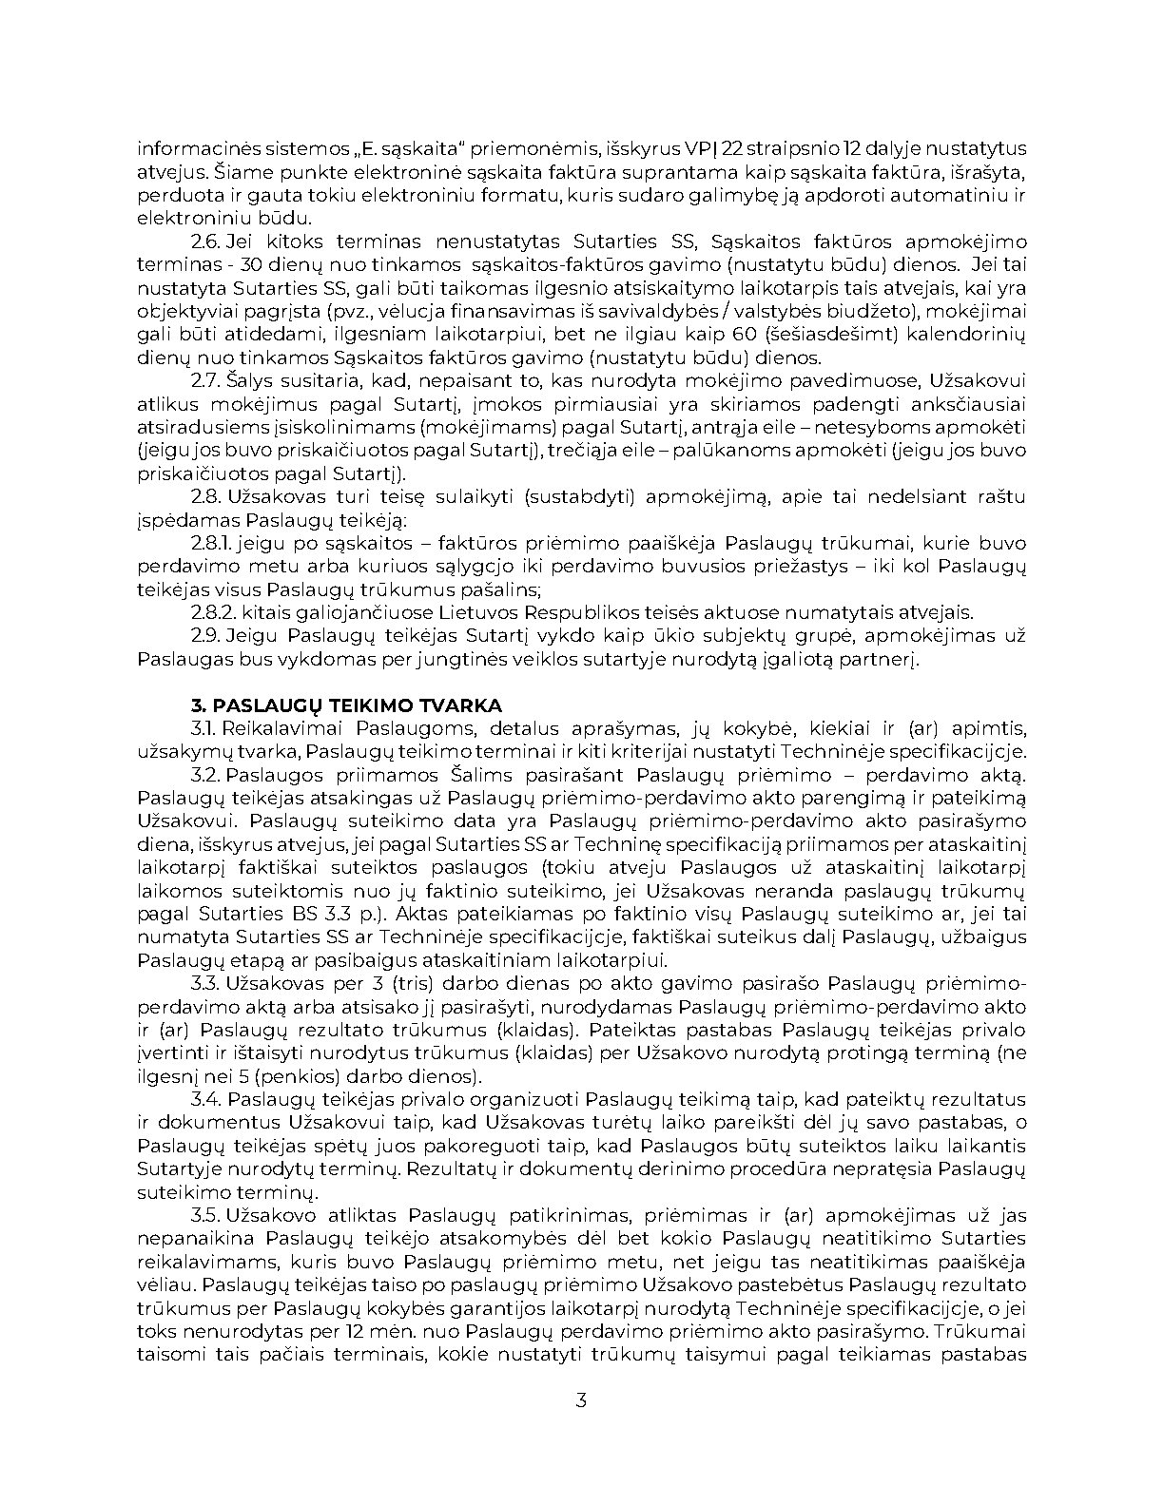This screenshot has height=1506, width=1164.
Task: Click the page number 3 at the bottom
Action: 581,1400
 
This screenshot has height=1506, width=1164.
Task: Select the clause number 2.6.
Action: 205,241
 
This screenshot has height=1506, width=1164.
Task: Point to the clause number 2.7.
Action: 205,381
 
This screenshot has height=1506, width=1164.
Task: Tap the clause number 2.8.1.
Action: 211,544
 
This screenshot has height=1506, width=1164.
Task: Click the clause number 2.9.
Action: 205,636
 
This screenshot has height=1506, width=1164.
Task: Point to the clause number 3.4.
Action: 205,1100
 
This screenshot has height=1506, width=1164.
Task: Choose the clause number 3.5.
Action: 205,1216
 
